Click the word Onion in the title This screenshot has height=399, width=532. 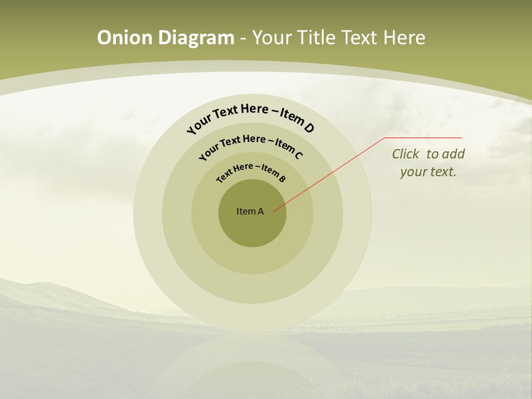coord(126,38)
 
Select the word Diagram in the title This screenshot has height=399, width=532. coord(196,38)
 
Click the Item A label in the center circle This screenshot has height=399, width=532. coord(250,211)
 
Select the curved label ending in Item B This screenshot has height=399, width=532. coord(250,172)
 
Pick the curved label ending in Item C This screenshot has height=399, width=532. coord(250,145)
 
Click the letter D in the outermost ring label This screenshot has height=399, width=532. coord(309,128)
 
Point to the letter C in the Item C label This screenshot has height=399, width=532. coord(298,155)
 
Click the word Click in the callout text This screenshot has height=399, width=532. coord(406,154)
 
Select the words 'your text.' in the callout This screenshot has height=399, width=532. coord(428,172)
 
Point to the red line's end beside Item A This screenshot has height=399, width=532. coord(274,211)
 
